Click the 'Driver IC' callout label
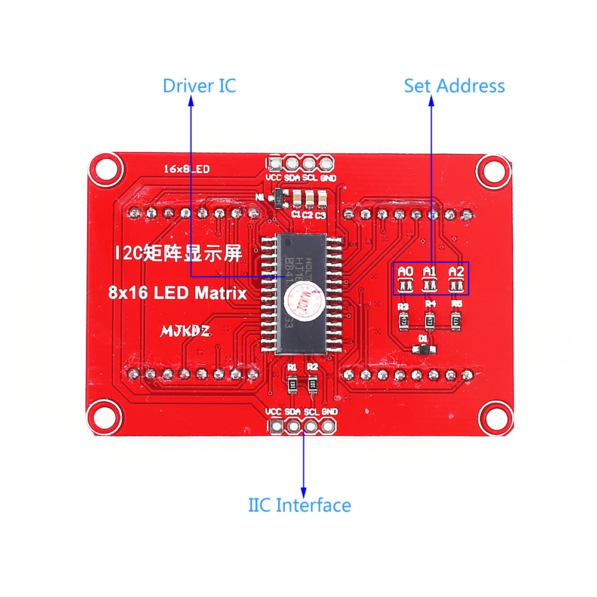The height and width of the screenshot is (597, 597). point(199,85)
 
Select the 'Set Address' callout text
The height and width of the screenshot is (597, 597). point(454,85)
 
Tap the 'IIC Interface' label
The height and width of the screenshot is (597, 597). point(300,505)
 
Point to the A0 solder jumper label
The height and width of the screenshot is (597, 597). point(406,272)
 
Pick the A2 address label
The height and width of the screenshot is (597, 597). point(457,272)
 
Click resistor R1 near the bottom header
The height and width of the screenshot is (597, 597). point(293,384)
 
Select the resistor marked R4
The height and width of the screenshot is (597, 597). point(430,321)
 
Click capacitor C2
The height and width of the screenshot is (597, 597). point(309,198)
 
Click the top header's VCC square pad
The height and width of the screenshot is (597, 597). point(275,163)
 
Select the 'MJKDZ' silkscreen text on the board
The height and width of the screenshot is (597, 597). point(185,330)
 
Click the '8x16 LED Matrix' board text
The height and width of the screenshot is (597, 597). point(177,293)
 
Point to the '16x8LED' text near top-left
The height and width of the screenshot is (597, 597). point(187,170)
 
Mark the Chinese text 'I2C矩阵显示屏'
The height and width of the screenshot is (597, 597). point(179,253)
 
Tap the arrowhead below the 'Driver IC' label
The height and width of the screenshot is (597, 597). point(191,102)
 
